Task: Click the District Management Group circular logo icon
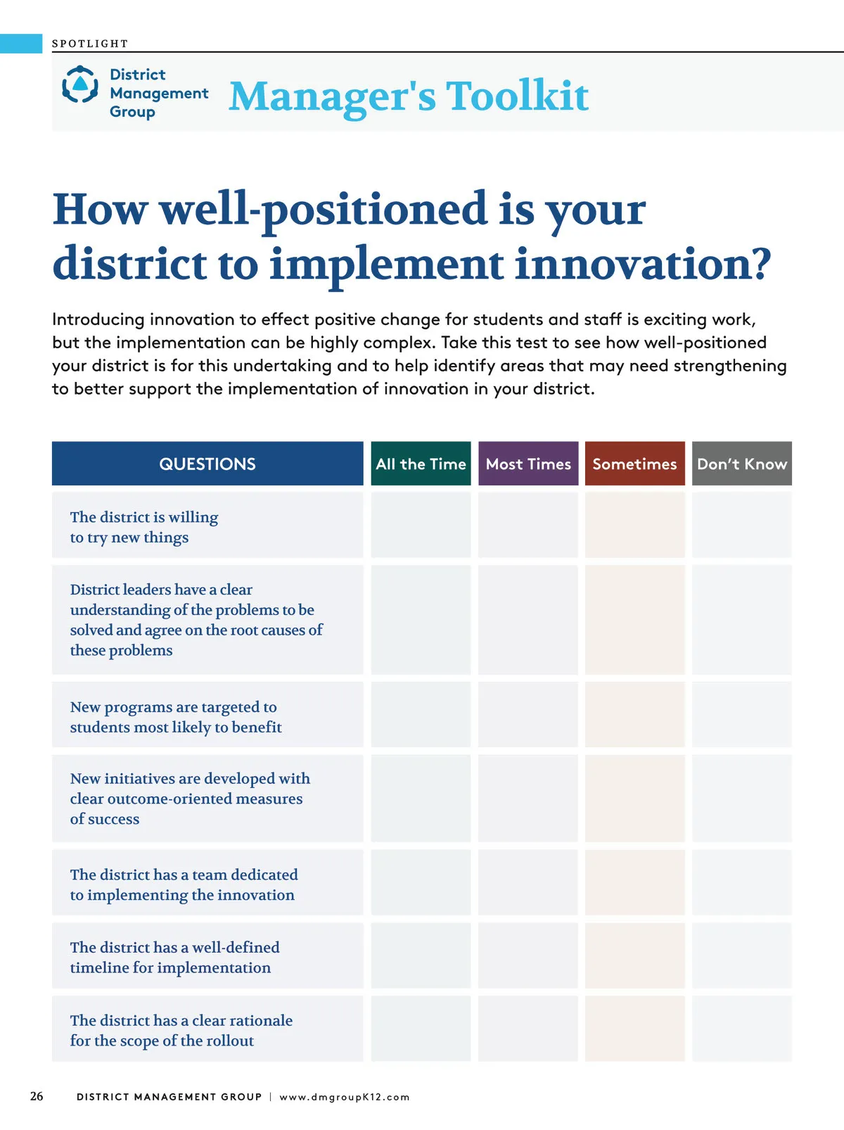79,84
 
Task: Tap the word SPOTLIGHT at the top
90,44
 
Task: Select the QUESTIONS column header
207,463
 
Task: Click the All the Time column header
421,463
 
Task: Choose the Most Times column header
528,463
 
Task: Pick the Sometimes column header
635,463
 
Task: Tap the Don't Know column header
742,463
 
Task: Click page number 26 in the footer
37,1096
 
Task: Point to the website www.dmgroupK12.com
345,1097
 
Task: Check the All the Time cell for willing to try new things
421,525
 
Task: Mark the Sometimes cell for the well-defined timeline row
635,956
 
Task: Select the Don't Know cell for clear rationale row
742,1029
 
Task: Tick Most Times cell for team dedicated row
528,882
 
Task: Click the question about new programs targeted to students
176,716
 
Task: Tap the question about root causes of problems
196,620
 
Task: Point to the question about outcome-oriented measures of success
190,799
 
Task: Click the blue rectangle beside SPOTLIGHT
21,44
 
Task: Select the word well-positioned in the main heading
324,210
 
